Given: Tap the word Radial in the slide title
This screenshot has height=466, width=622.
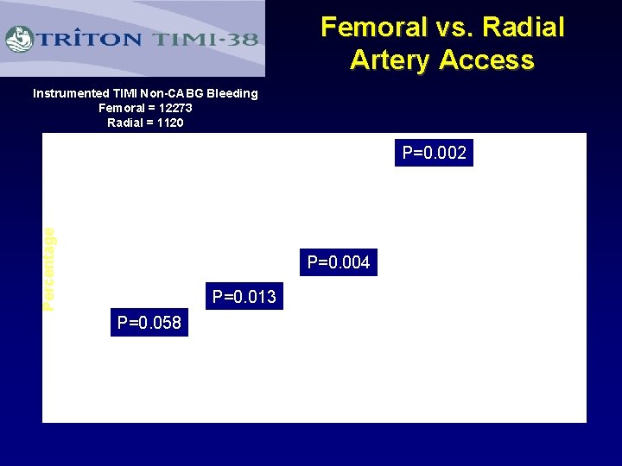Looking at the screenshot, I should point(524,28).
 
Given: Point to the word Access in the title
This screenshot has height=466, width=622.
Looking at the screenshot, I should point(487,60).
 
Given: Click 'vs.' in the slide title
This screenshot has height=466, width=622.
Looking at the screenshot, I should point(454,28).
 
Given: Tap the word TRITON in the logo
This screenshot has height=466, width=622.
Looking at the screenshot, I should point(88,39).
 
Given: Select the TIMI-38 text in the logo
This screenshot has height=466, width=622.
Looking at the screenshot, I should point(206,39).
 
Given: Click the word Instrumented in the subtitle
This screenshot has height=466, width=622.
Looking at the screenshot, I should point(72,93).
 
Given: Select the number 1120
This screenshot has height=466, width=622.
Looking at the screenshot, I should point(169,123).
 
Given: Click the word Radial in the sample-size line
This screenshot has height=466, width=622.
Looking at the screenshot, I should point(125,123).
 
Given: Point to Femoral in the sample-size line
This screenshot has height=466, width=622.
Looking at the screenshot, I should point(121,108).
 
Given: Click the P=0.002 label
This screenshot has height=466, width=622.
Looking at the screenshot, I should point(434,154).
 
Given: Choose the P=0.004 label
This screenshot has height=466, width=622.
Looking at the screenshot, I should point(339,262).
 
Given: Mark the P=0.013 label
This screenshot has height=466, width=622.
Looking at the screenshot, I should point(244,297).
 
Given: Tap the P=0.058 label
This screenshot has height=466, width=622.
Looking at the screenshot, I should point(149,323).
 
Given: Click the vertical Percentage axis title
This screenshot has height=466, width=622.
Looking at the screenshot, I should point(49,268).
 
